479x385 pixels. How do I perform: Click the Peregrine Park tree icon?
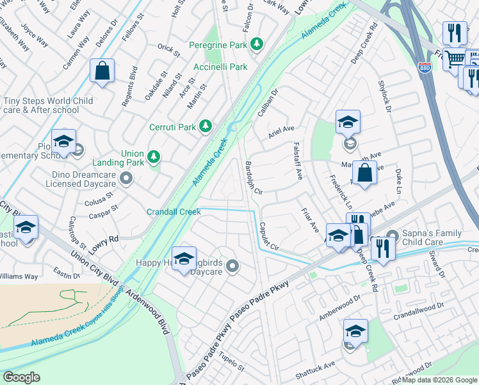[x=257, y=44]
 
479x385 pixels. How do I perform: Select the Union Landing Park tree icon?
[x=153, y=157]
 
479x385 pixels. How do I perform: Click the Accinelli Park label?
[x=220, y=67]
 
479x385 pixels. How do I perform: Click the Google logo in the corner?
[x=21, y=377]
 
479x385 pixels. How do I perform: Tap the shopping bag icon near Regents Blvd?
[x=102, y=71]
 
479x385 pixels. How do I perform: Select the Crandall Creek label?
[x=174, y=212]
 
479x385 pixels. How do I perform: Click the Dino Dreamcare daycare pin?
[x=127, y=178]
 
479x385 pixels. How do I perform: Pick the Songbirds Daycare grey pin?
[x=232, y=265]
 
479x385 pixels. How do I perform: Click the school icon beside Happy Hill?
[x=184, y=259]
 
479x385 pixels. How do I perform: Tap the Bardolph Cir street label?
[x=254, y=178]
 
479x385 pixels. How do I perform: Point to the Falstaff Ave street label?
[x=298, y=161]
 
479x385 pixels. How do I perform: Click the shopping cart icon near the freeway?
[x=455, y=59]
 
